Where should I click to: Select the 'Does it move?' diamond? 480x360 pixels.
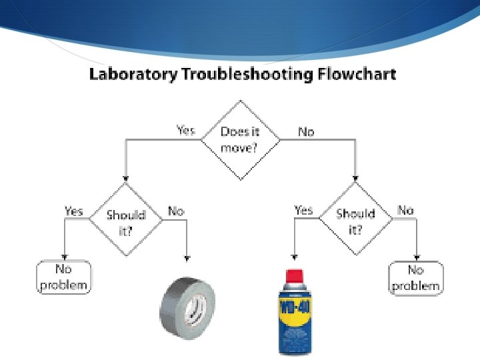[x=240, y=140]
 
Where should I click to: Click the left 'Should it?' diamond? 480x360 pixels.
[x=126, y=220]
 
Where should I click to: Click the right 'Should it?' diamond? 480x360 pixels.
[x=355, y=219]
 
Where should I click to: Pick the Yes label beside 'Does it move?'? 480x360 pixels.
[x=185, y=131]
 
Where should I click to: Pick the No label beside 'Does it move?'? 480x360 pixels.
[x=306, y=131]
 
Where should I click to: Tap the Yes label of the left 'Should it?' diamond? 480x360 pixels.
[x=73, y=211]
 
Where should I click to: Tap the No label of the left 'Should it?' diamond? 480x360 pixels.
[x=176, y=211]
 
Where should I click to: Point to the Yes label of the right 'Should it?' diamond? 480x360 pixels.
[x=303, y=210]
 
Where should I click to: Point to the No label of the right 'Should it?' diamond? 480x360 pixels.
[x=405, y=210]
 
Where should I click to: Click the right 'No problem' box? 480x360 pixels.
[x=416, y=278]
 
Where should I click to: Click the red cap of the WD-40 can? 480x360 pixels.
[x=293, y=275]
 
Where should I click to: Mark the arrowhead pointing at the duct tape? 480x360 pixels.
[x=187, y=257]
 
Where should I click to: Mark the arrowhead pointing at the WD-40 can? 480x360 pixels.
[x=293, y=256]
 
